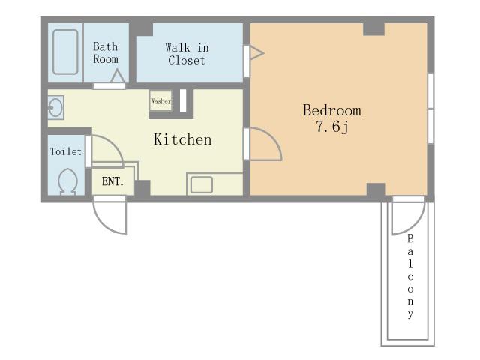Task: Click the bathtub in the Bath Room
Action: pos(65,52)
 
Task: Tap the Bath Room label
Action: pos(106,53)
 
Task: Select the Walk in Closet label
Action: pos(187,54)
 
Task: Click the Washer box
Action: pos(160,100)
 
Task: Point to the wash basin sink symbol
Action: pos(55,107)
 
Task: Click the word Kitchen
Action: pos(182,139)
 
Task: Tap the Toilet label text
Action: pos(66,151)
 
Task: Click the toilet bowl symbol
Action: pos(67,181)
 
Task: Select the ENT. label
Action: pos(112,181)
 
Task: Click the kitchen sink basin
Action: pos(202,185)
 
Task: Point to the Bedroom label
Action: pos(331,110)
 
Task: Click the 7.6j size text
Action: pos(331,127)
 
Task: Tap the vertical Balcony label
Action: pos(410,276)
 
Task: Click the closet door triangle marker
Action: pos(256,53)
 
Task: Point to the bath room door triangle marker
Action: pos(118,76)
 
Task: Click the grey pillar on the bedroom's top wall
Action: pos(373,29)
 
